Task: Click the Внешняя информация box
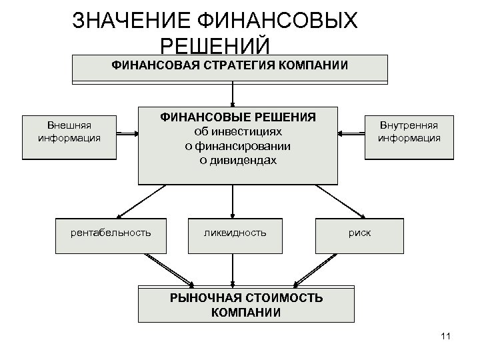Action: (x=69, y=132)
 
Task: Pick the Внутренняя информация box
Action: (x=409, y=132)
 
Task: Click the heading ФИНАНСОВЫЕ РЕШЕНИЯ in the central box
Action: (x=238, y=117)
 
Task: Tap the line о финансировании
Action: (x=238, y=146)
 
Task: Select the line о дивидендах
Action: (x=238, y=161)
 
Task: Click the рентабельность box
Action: (x=111, y=233)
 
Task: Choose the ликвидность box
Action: (x=235, y=233)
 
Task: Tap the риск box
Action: (x=359, y=233)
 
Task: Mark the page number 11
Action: (x=446, y=336)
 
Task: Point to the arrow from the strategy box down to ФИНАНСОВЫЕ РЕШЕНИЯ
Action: (x=232, y=93)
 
